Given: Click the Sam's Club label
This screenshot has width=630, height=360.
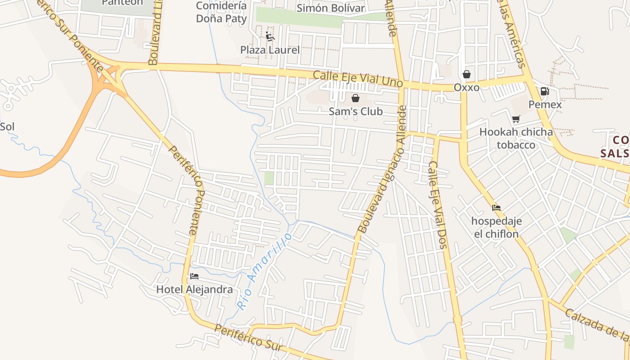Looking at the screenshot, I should tap(355, 111).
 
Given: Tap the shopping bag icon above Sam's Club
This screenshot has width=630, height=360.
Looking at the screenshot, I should tap(355, 98).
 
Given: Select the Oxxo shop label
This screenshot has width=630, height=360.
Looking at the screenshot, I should tap(466, 87).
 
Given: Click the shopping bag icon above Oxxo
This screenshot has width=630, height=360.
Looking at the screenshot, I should tap(467, 74).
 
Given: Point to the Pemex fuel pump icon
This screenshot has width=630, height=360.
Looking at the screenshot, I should tap(544, 91).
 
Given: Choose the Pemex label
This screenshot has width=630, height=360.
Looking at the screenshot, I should tap(545, 104).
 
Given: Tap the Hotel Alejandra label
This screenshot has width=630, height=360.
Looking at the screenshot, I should tap(194, 289).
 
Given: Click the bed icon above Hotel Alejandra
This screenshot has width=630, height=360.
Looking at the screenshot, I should tap(194, 276).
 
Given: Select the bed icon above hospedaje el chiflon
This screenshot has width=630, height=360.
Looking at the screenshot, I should tap(496, 207).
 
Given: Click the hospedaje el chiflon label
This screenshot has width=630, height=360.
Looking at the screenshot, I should tap(496, 227).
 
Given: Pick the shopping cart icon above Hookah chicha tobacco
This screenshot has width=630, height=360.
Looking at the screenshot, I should tap(516, 119).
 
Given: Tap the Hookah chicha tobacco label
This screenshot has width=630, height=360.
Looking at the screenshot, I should tap(516, 138).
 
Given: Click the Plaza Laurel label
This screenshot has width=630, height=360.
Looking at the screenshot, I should tap(270, 50).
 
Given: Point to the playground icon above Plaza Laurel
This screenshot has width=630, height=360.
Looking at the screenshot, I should tap(270, 36).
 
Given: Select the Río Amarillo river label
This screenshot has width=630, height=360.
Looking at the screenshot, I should tap(264, 271).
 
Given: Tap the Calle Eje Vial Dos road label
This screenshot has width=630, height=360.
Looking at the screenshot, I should tap(437, 204).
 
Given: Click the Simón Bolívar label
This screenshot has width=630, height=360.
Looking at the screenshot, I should tap(331, 8).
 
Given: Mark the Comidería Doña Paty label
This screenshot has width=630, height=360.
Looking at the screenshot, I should tap(221, 13).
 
